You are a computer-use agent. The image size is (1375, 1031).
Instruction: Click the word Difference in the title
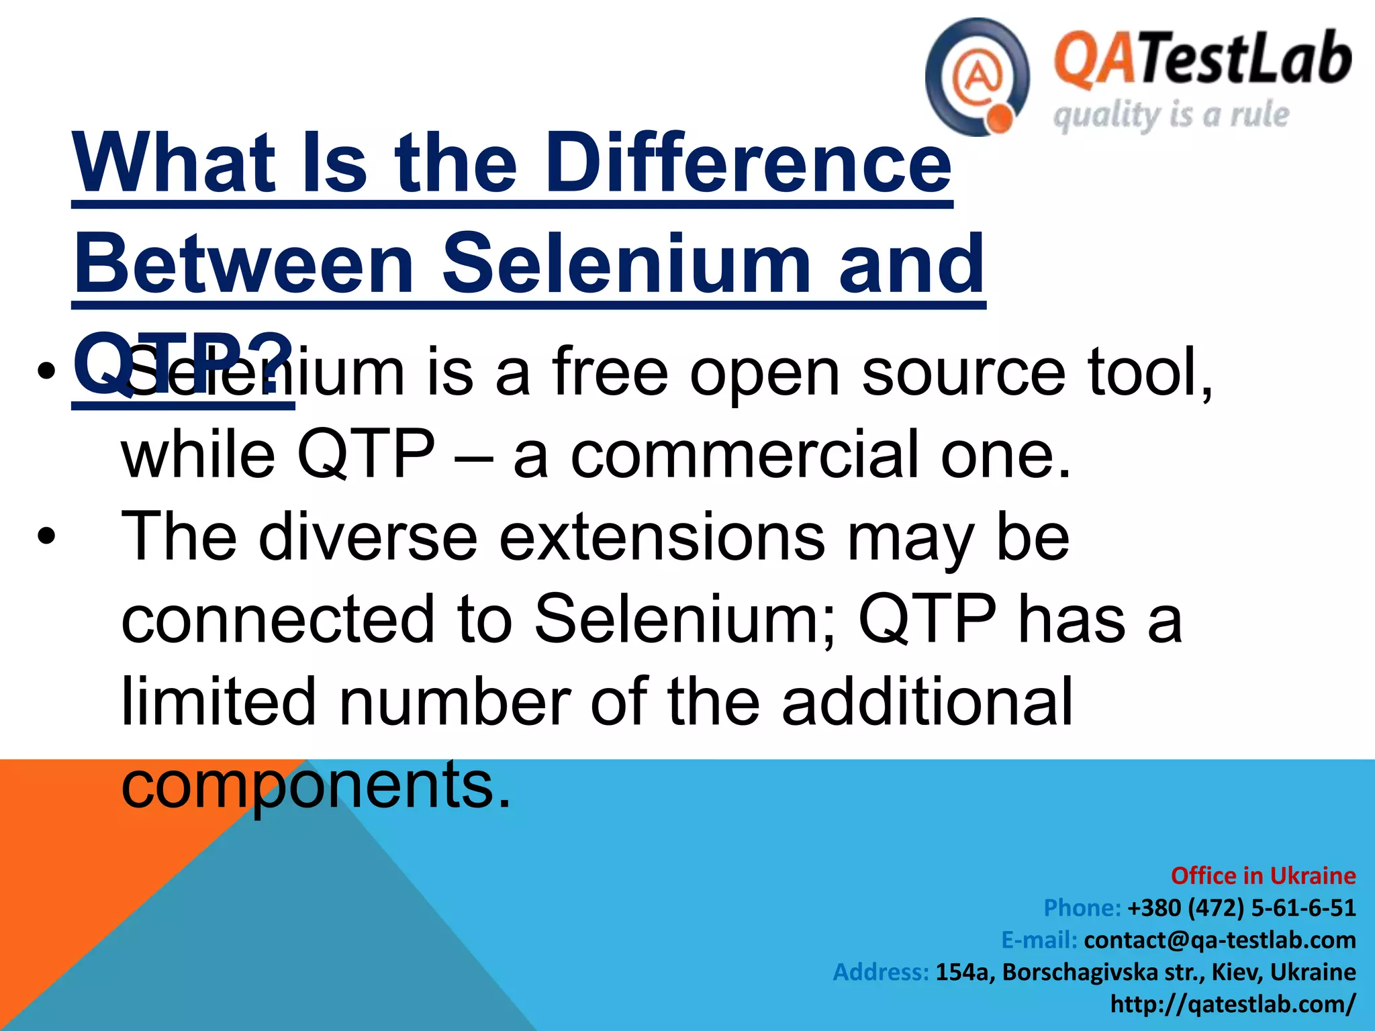tap(748, 163)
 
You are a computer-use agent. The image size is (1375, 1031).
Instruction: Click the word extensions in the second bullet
tap(661, 537)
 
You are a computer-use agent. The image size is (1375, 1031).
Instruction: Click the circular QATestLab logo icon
tap(977, 77)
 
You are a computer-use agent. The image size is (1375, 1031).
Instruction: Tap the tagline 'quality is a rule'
tap(1171, 115)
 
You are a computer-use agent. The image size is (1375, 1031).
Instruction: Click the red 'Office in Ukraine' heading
tap(1263, 876)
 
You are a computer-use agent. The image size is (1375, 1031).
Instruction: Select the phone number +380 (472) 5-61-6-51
tap(1241, 908)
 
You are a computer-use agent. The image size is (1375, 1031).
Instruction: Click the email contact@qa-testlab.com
tap(1219, 940)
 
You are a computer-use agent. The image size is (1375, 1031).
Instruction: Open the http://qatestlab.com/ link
tap(1233, 1004)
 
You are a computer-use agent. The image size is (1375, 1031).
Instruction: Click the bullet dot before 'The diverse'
tap(46, 538)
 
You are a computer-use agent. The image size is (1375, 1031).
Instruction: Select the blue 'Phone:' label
tap(1082, 908)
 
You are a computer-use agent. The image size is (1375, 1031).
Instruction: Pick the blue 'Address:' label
tap(881, 972)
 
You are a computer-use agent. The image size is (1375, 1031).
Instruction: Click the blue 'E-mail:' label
tap(1039, 940)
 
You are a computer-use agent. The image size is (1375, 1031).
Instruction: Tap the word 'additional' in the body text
tap(927, 702)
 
